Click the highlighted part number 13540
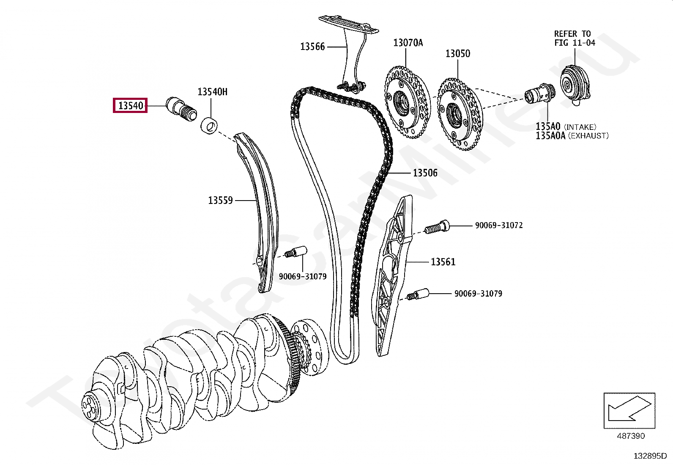tap(130, 105)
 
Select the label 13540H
tap(212, 92)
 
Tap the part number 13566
tap(312, 47)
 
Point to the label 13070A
tap(408, 42)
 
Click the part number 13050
tap(457, 53)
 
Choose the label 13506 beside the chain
tap(425, 173)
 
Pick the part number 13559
tap(220, 200)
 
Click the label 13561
tap(443, 262)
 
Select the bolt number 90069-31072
tap(499, 226)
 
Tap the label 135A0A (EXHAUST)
tap(572, 136)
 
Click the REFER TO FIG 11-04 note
tap(574, 38)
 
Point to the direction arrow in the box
tap(629, 410)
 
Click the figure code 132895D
tap(650, 456)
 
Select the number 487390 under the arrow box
tap(631, 436)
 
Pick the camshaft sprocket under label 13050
tap(459, 114)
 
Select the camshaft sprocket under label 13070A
tap(407, 102)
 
